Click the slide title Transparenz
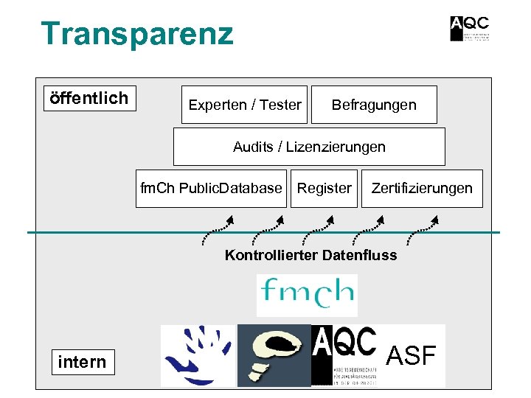[x=136, y=34]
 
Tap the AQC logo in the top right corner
[x=470, y=28]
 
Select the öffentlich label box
[x=89, y=98]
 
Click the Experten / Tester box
[x=244, y=105]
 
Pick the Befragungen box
[x=374, y=105]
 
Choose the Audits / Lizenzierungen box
[x=309, y=147]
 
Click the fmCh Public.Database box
[x=211, y=188]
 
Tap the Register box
[x=324, y=188]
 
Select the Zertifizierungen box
[x=422, y=188]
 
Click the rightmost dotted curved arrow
[x=423, y=229]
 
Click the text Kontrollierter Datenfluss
[x=310, y=256]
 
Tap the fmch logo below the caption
[x=307, y=295]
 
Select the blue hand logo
[x=198, y=355]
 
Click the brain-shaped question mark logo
[x=274, y=355]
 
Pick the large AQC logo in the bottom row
[x=347, y=355]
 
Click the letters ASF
[x=412, y=356]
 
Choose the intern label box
[x=82, y=362]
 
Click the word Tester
[x=280, y=105]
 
